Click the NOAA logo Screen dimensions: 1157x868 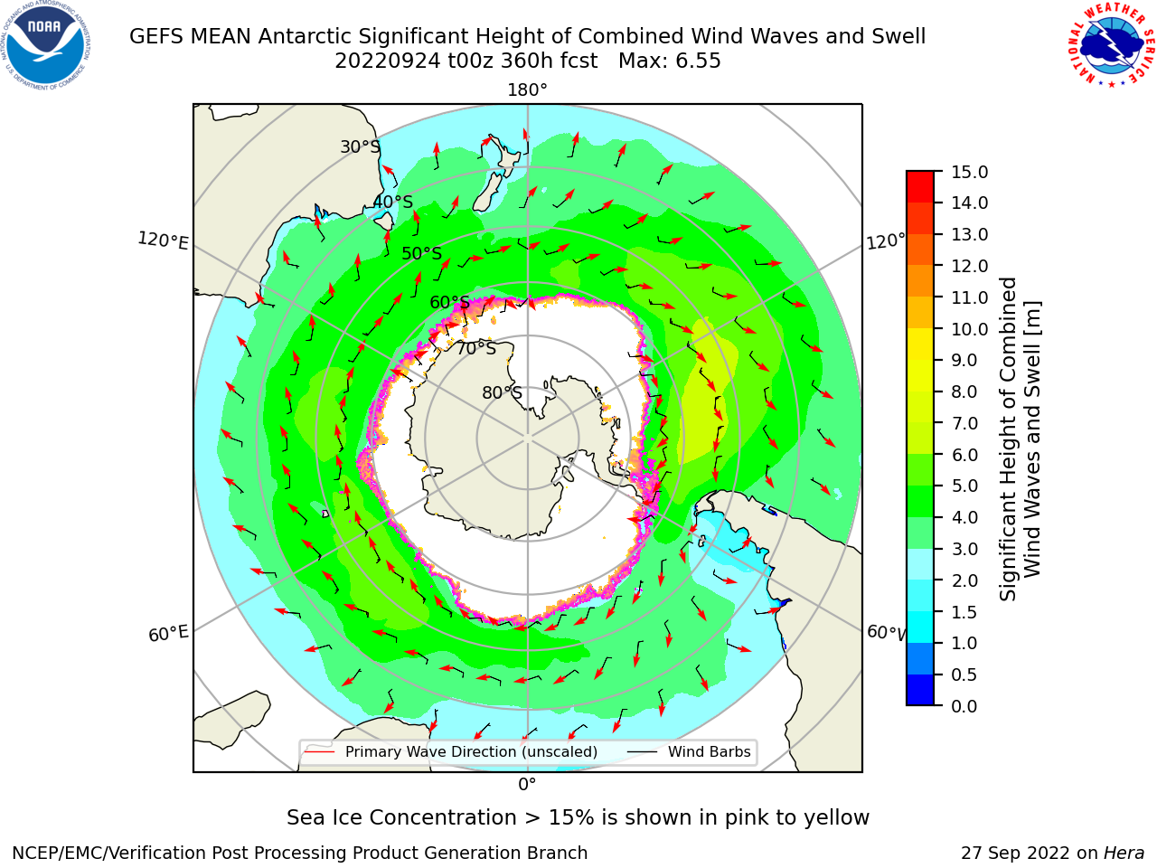coord(46,45)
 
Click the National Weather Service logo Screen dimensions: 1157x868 coord(1110,44)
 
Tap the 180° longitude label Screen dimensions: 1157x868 coord(527,90)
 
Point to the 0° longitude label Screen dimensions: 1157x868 coord(527,784)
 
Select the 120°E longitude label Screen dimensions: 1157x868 coord(163,241)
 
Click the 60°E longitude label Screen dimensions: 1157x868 coord(168,633)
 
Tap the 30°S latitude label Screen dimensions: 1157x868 coord(360,146)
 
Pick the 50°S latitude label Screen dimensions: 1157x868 coord(422,253)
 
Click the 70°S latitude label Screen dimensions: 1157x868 coord(476,348)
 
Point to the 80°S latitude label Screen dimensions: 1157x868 coord(502,392)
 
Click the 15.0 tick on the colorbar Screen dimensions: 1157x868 coord(969,172)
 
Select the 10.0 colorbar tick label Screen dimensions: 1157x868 coord(969,329)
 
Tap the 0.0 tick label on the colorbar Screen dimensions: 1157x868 coord(964,706)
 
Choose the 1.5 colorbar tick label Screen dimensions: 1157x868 coord(964,612)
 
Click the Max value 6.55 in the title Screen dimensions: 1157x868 coord(698,61)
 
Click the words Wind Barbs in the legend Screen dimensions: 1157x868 coord(709,751)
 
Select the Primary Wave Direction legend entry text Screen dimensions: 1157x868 coord(471,751)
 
